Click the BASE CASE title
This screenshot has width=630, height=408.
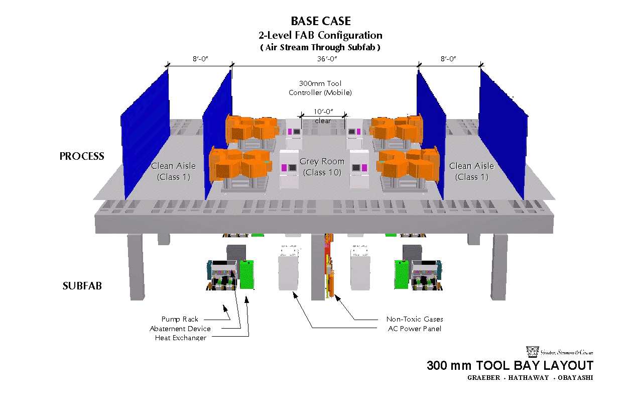pyautogui.click(x=321, y=21)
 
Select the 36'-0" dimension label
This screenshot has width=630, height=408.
pyautogui.click(x=326, y=59)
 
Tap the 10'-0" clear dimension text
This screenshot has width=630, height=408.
pyautogui.click(x=323, y=116)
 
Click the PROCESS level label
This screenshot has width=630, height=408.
pyautogui.click(x=82, y=156)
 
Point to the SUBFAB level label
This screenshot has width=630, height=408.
pyautogui.click(x=82, y=286)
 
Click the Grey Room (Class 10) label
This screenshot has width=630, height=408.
pyautogui.click(x=322, y=167)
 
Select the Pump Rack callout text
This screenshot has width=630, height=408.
pyautogui.click(x=180, y=319)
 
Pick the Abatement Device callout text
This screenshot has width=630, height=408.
pyautogui.click(x=180, y=329)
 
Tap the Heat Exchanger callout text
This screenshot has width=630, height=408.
pyautogui.click(x=180, y=338)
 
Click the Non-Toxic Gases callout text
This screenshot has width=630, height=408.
pyautogui.click(x=415, y=319)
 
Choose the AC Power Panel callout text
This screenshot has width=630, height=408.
pyautogui.click(x=415, y=329)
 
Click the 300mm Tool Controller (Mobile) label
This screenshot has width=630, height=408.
pyautogui.click(x=320, y=88)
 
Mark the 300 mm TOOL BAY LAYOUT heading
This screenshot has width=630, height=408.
pyautogui.click(x=510, y=366)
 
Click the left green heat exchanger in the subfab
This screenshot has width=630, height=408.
pyautogui.click(x=246, y=274)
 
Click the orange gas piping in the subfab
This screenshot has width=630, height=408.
pyautogui.click(x=329, y=266)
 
